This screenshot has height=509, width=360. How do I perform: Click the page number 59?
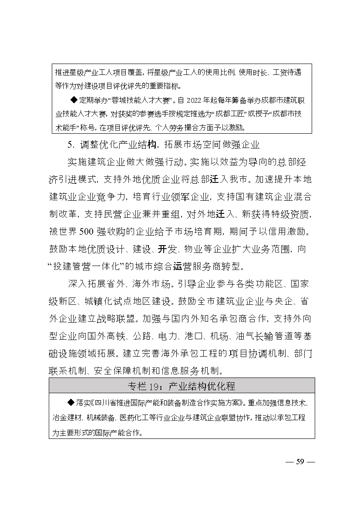tap(299, 462)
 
